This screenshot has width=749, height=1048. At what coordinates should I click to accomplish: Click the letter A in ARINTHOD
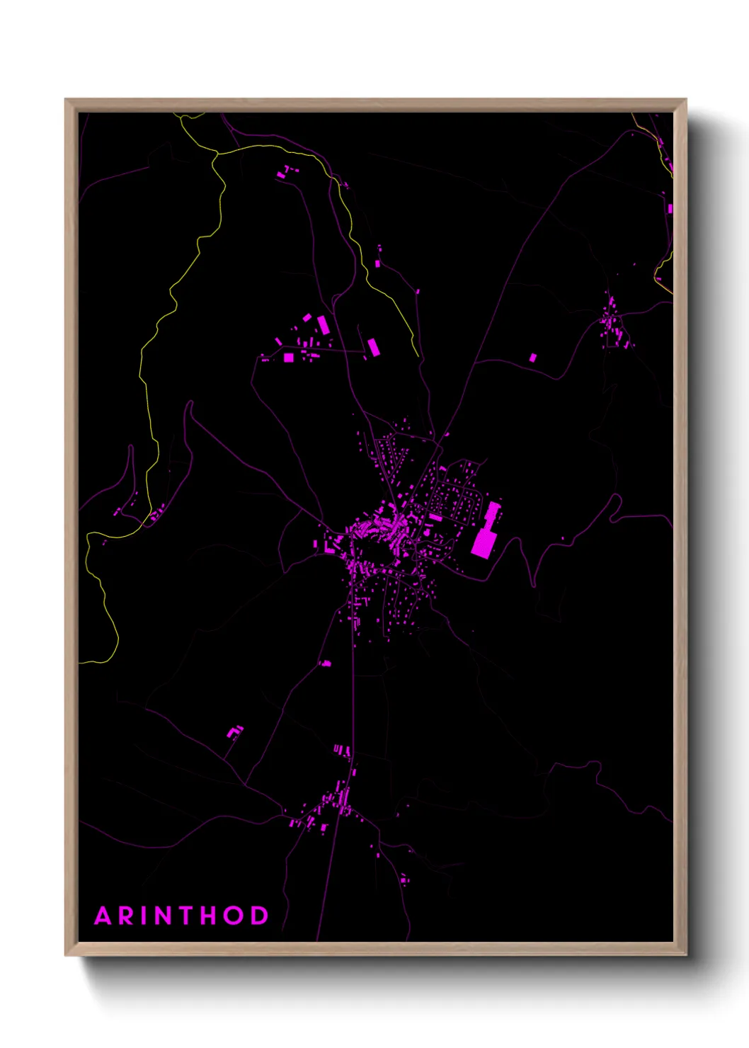tap(103, 916)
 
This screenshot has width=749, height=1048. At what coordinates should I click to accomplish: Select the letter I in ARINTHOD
tap(146, 916)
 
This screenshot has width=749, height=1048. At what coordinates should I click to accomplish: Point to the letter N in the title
tap(165, 916)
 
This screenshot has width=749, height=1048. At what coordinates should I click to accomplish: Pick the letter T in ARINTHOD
tap(188, 916)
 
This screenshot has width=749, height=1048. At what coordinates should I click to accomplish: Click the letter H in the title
tap(210, 916)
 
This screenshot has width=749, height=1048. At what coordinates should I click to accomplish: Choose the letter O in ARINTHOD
tap(235, 916)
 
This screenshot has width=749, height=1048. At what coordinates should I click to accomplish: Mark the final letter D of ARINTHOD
tap(260, 916)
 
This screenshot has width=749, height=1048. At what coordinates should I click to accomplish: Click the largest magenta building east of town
tap(483, 542)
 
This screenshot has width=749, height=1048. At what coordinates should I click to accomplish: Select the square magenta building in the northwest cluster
tap(288, 358)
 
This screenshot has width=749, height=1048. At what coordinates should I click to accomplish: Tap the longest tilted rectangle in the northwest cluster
tap(323, 325)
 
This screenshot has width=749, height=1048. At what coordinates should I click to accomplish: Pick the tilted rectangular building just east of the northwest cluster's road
tap(373, 347)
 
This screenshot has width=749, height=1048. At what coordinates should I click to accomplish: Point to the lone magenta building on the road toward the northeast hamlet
tap(533, 358)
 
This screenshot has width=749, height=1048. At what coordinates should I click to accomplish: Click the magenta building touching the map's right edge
tap(670, 209)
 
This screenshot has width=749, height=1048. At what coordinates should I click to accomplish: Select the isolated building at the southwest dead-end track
tap(234, 731)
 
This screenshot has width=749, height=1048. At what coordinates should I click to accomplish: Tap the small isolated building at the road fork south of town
tap(326, 663)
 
